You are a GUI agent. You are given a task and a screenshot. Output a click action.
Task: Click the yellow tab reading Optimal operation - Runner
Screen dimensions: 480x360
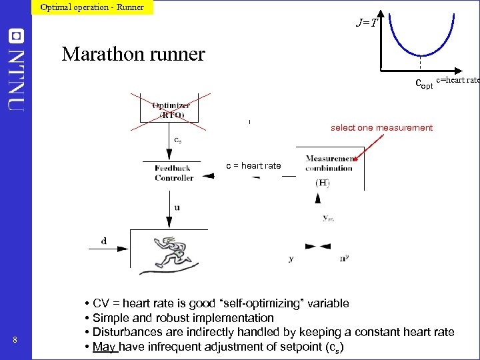92,7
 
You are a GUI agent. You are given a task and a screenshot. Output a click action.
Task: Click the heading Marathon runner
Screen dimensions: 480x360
133,53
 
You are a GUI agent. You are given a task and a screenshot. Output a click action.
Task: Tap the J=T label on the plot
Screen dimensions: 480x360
367,23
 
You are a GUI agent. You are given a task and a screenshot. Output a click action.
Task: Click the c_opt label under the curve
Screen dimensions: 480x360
424,84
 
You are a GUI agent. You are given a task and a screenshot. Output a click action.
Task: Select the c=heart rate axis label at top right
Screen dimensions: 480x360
457,80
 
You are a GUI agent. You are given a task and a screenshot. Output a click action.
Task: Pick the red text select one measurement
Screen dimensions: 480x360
381,127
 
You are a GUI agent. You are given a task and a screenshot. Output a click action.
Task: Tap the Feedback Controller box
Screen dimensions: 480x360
174,173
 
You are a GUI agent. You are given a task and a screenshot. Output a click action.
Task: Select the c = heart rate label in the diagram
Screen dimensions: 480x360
253,165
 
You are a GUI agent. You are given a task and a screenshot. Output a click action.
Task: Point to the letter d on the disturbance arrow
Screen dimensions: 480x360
103,241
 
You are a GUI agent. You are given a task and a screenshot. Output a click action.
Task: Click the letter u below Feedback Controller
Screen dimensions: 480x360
177,207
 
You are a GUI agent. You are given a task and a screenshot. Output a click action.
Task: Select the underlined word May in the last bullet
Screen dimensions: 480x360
104,346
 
